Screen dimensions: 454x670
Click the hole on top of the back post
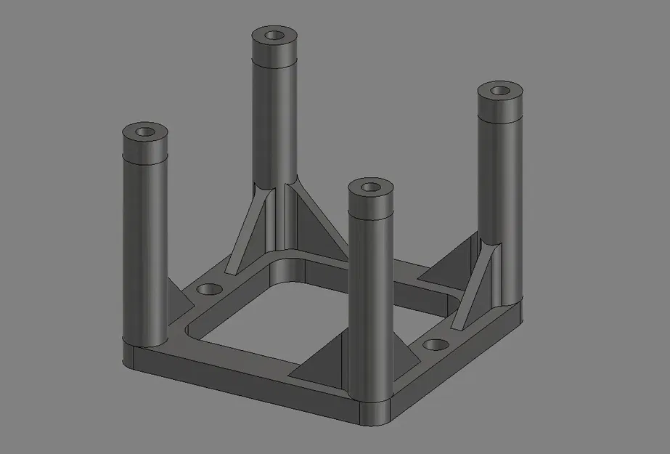(x=275, y=35)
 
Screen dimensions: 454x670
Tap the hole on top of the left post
(x=145, y=132)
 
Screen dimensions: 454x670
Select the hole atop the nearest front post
(x=372, y=187)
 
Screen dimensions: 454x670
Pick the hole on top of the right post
(x=500, y=91)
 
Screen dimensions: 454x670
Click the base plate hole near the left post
(x=211, y=289)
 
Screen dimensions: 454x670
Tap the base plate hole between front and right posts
(x=436, y=344)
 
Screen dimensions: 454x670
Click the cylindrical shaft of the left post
(x=145, y=240)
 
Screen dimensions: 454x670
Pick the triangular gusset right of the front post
(x=407, y=359)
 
